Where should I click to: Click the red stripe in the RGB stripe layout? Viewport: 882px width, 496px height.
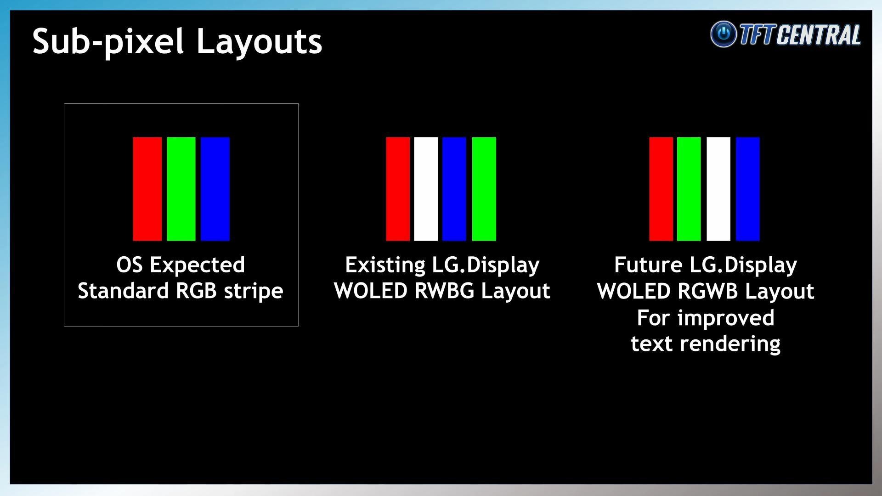(x=147, y=189)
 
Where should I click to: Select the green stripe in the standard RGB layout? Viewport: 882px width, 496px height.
(x=181, y=189)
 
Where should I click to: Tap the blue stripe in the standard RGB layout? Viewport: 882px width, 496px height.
(x=215, y=189)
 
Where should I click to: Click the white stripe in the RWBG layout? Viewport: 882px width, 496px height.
(x=426, y=189)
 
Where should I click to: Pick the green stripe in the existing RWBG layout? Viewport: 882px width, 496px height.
(x=484, y=189)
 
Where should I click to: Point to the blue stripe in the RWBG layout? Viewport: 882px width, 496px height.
(x=454, y=189)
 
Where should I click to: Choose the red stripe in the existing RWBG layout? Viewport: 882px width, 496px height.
(x=398, y=189)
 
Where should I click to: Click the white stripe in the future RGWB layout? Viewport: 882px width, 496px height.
(x=718, y=189)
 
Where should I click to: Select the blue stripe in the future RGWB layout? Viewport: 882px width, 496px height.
(x=748, y=189)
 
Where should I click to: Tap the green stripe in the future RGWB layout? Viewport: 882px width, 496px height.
(x=689, y=189)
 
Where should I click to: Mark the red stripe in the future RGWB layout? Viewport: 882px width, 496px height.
(x=661, y=189)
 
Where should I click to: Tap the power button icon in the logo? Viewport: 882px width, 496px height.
(x=724, y=34)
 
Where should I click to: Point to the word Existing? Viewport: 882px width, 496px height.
(x=385, y=265)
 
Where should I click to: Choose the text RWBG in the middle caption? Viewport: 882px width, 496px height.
(x=444, y=291)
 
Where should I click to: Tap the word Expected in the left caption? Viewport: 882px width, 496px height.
(x=197, y=265)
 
